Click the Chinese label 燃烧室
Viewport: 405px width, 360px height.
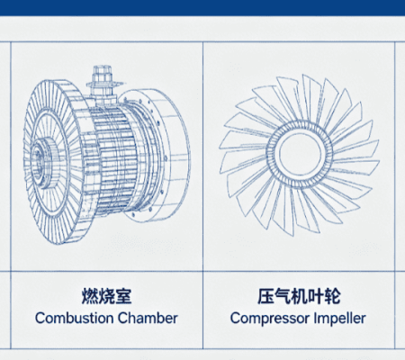point(106,296)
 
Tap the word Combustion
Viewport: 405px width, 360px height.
point(74,319)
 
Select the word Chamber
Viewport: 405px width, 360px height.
point(148,319)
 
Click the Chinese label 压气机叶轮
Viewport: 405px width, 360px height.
point(299,296)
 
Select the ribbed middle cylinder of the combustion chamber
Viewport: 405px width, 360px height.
point(112,156)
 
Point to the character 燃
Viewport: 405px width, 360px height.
point(90,296)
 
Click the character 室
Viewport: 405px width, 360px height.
point(123,296)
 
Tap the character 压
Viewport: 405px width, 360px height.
point(265,296)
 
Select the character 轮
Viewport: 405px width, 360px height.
point(332,296)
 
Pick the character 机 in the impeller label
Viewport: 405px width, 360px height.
point(299,296)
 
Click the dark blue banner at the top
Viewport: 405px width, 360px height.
point(202,7)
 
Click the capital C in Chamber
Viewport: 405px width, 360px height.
point(122,319)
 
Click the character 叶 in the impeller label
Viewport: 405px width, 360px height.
point(316,296)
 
